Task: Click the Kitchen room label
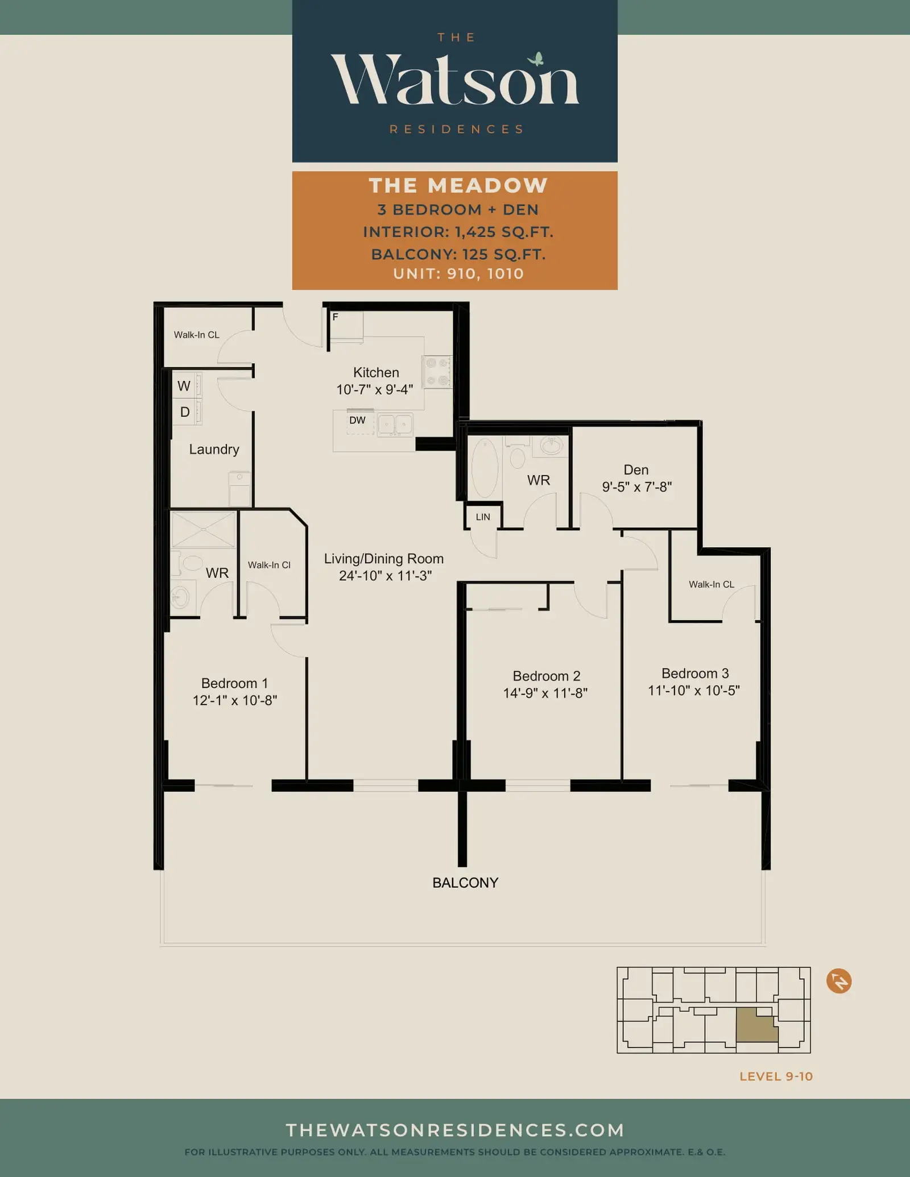pos(376,372)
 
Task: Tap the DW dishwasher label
pos(357,420)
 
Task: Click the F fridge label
pos(336,317)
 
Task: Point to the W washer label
pos(184,386)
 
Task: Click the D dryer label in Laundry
pos(185,412)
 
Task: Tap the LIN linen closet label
pos(483,517)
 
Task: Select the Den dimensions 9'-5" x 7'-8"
pos(637,486)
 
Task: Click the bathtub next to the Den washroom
pos(485,469)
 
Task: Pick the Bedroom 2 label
pos(547,676)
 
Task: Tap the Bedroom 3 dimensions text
pos(694,690)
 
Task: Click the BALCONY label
pos(465,883)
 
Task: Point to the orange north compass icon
pos(839,981)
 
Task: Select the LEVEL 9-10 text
pos(776,1076)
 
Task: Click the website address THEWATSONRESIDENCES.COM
pos(455,1130)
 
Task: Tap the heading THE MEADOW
pos(458,185)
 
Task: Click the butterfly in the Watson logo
pos(536,59)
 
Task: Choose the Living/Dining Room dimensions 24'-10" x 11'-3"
pos(385,576)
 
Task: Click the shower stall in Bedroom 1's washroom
pos(203,529)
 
